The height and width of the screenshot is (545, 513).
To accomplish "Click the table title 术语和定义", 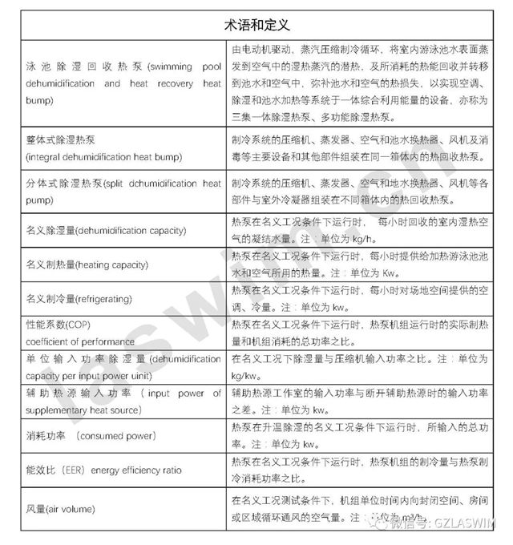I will (256, 24).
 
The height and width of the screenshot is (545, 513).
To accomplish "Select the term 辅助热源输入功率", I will (77, 394).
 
